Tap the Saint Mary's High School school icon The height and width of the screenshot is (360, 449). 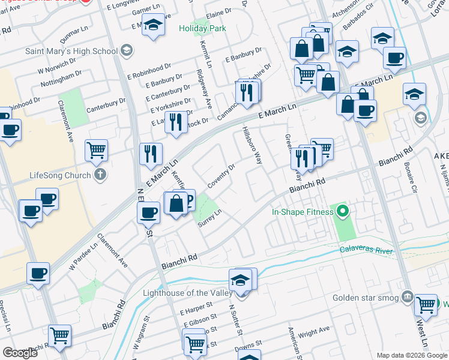point(127,51)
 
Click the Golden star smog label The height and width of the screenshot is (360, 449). point(366,296)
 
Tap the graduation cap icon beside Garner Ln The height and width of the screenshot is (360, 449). point(154,25)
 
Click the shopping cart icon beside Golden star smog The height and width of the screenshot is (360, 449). point(426,305)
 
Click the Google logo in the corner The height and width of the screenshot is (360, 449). point(20,352)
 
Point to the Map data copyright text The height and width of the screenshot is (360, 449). point(411,355)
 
